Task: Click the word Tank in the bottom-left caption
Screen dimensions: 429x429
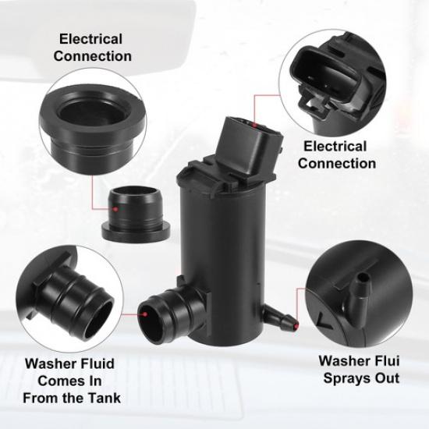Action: pyautogui.click(x=103, y=399)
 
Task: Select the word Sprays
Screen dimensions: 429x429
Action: pyautogui.click(x=340, y=378)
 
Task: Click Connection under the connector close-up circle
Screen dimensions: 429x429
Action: pyautogui.click(x=336, y=163)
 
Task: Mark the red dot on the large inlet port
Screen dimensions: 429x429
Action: pyautogui.click(x=146, y=314)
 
